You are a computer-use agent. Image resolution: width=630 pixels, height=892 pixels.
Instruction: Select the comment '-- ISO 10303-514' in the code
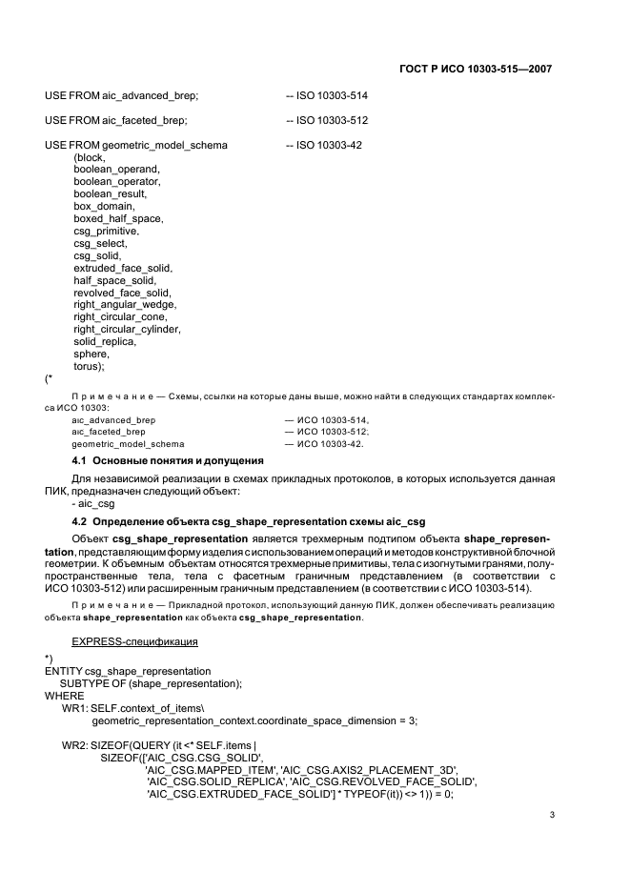tap(327, 96)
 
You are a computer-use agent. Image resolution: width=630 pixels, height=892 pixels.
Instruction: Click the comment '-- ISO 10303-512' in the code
tap(327, 121)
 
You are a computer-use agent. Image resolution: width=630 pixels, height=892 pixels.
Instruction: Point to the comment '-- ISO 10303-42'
tap(324, 145)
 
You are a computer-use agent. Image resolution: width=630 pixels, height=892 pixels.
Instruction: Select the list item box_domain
tap(104, 206)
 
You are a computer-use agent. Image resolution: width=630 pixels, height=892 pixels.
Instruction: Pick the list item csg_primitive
tap(107, 231)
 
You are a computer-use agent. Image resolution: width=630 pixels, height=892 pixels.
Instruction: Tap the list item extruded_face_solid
tap(123, 268)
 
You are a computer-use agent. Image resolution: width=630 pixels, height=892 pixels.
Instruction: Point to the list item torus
tap(89, 366)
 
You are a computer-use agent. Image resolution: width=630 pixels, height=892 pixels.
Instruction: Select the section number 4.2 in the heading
tap(81, 522)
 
